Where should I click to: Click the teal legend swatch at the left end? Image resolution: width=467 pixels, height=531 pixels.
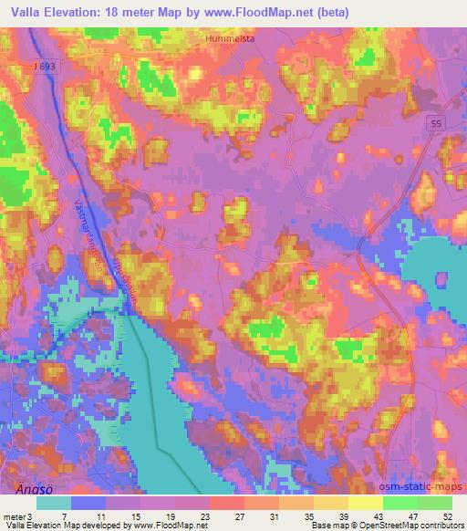point(54,503)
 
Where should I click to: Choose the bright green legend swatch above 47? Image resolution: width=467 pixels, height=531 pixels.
point(400,503)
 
